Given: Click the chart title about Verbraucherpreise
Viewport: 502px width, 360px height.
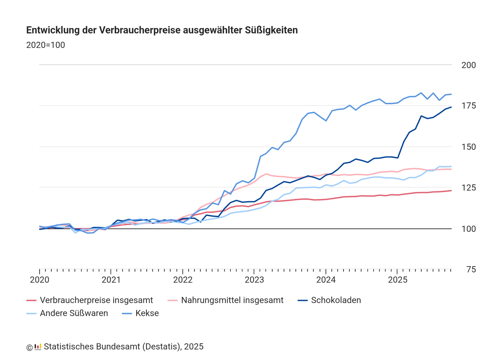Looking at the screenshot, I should coord(162,30).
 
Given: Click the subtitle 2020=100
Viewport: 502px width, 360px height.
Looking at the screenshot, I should coord(45,45).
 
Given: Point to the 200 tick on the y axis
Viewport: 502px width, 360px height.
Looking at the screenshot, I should coord(468,65).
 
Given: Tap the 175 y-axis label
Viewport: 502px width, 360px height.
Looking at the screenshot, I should coord(468,106).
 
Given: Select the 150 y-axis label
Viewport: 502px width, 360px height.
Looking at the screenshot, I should coord(468,147).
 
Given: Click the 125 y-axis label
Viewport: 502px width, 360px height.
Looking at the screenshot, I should coord(468,188).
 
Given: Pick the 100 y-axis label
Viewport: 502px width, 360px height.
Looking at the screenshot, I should coord(468,229).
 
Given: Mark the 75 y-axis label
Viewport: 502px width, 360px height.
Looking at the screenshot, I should coord(471,270).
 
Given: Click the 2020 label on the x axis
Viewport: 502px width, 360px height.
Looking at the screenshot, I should coord(39,280).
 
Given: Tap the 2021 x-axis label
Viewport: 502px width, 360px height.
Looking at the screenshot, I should coord(111,280).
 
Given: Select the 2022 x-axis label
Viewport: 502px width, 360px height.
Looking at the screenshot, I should coord(183,280).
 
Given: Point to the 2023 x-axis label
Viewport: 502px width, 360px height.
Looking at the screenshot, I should coord(254,280).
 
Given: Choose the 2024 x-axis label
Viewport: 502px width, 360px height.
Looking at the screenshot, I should coord(326,280).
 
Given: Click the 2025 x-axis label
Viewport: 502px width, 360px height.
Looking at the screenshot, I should coord(398,280).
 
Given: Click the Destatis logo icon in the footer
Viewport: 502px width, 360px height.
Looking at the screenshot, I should coord(38,347).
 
